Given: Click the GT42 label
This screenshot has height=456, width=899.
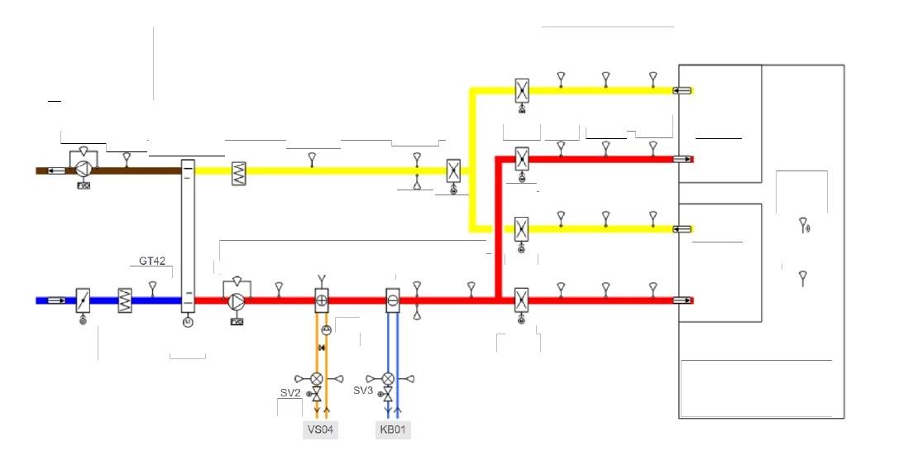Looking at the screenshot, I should click(x=152, y=261).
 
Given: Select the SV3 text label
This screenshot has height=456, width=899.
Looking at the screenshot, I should click(x=364, y=389).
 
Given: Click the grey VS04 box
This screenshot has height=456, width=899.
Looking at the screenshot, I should click(x=321, y=430).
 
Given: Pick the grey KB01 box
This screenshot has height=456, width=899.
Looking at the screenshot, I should click(x=393, y=430).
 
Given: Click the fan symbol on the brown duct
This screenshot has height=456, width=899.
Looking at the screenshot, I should click(x=83, y=170).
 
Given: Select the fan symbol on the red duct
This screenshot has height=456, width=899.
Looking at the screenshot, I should click(x=236, y=300).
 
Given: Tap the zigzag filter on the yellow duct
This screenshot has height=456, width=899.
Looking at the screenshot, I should click(x=240, y=171).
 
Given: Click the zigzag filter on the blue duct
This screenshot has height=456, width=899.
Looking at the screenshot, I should click(x=126, y=300).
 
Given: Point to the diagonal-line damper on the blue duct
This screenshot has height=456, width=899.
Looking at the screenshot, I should click(x=83, y=300).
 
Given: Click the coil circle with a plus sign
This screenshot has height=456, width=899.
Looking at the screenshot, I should click(x=322, y=300).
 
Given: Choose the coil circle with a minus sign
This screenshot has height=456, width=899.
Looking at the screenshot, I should click(x=393, y=300).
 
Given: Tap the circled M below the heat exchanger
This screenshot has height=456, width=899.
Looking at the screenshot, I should click(x=186, y=322).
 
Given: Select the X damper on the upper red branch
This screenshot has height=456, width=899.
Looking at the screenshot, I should click(x=522, y=158).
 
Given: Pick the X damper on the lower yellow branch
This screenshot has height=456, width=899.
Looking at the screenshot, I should click(x=522, y=228).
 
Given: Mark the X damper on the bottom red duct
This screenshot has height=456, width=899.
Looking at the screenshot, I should click(x=522, y=300).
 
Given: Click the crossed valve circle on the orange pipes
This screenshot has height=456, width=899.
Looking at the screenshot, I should click(x=317, y=378).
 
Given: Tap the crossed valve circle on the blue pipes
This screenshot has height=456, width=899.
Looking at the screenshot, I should click(x=387, y=378).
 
